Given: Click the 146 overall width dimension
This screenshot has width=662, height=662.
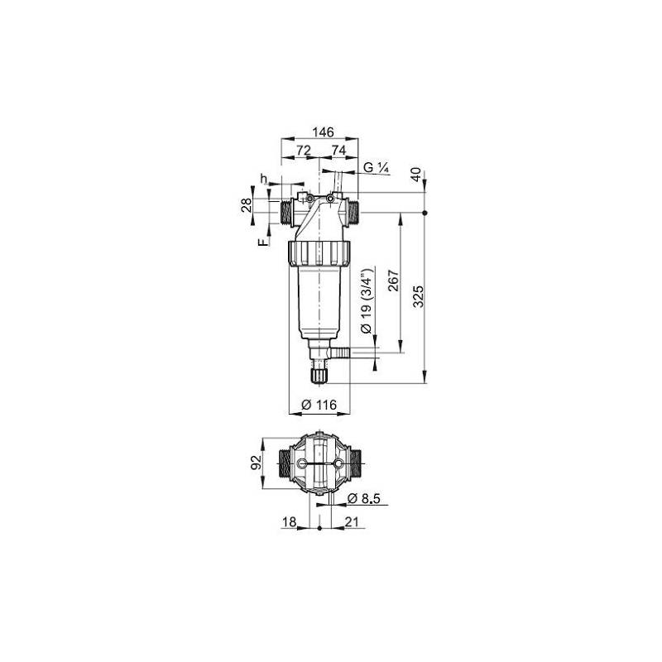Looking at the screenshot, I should [x=323, y=132].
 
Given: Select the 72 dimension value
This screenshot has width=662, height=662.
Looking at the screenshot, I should [x=303, y=150].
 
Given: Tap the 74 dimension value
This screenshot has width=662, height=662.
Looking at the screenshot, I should [x=338, y=150].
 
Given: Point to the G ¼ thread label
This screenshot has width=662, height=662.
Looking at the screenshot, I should [x=377, y=167].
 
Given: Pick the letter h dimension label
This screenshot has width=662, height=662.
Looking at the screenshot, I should [x=263, y=179].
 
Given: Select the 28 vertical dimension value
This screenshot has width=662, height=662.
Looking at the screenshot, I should [x=246, y=205].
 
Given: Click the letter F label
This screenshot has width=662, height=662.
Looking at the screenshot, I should [x=261, y=242].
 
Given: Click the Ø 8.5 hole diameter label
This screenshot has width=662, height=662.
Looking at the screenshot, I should [x=364, y=498].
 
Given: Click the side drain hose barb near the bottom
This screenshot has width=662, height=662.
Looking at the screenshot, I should [x=341, y=354].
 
